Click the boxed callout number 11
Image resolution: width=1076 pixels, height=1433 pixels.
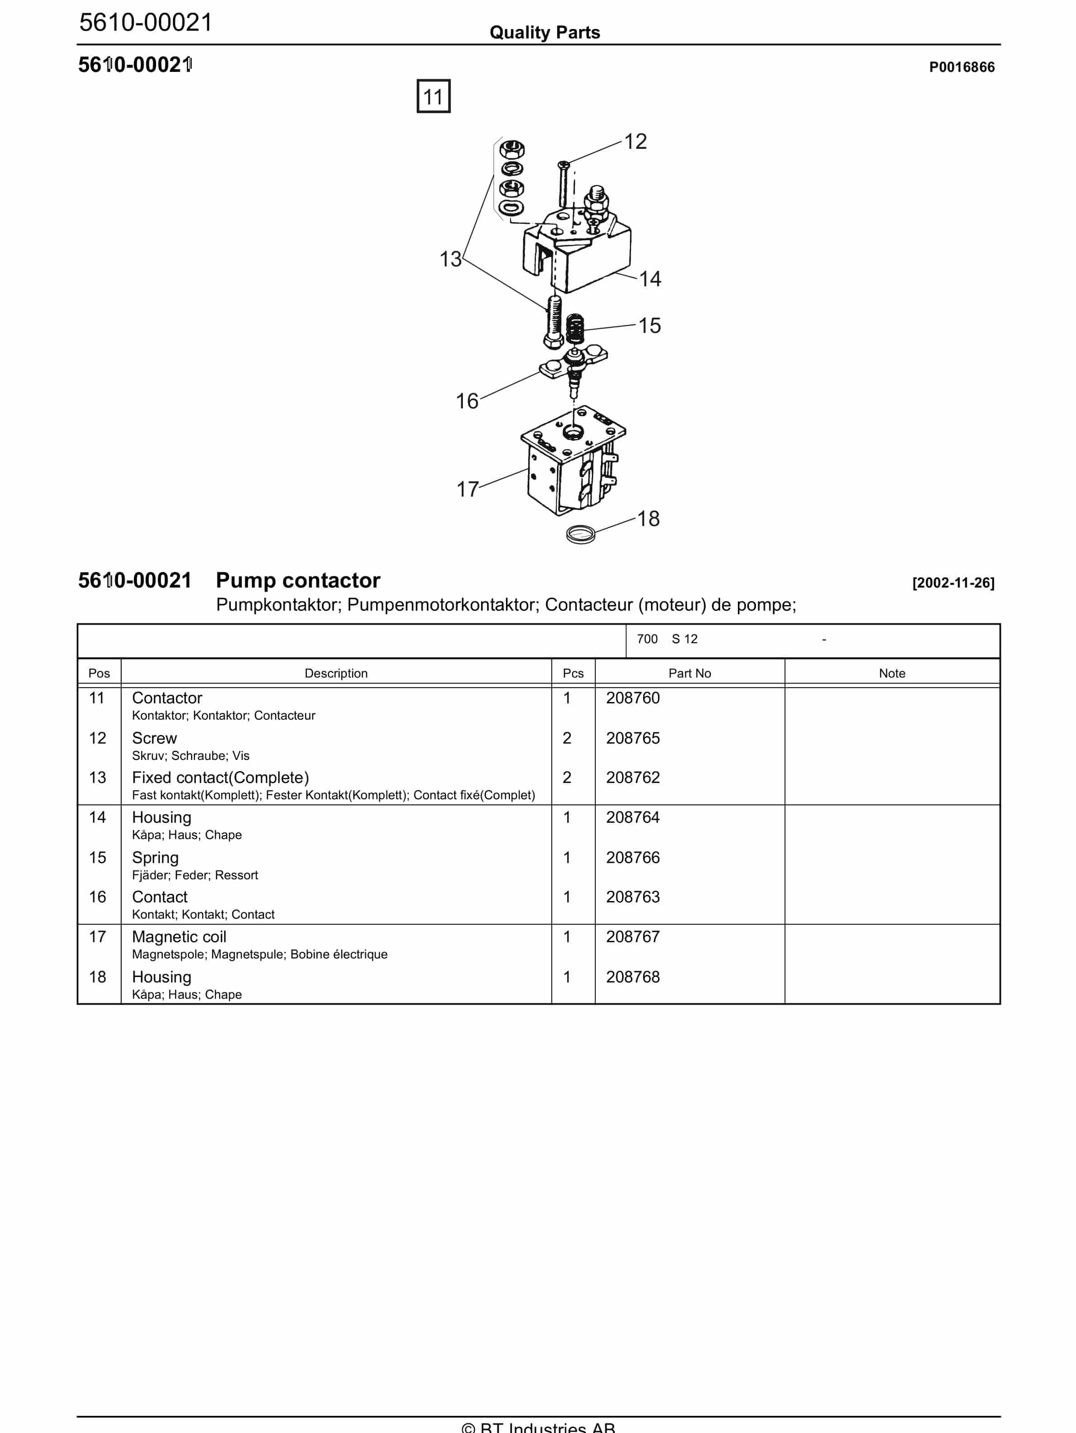(x=433, y=96)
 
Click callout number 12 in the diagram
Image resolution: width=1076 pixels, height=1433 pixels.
(x=635, y=141)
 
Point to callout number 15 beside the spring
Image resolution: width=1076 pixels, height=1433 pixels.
(x=649, y=325)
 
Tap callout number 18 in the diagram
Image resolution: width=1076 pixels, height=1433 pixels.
(x=648, y=518)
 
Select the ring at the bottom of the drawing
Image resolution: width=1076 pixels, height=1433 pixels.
(x=580, y=535)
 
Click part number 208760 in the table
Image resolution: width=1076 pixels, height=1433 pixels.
(x=632, y=698)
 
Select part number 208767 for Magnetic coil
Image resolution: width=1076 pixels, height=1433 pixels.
(x=632, y=937)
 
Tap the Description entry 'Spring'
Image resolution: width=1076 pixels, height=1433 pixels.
(x=156, y=857)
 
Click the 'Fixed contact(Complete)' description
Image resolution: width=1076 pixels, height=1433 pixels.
(x=220, y=778)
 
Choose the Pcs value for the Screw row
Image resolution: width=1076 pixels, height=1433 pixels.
(x=567, y=738)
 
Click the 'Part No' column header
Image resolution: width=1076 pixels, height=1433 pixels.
(x=689, y=673)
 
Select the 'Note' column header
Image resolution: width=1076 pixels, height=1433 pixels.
(x=892, y=673)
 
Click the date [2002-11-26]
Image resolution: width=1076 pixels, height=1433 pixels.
(x=953, y=583)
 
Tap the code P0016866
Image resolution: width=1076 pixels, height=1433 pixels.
(x=962, y=67)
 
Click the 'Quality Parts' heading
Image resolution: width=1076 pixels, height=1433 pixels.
(x=544, y=33)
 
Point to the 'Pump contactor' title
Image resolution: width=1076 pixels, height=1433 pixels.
(x=298, y=580)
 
